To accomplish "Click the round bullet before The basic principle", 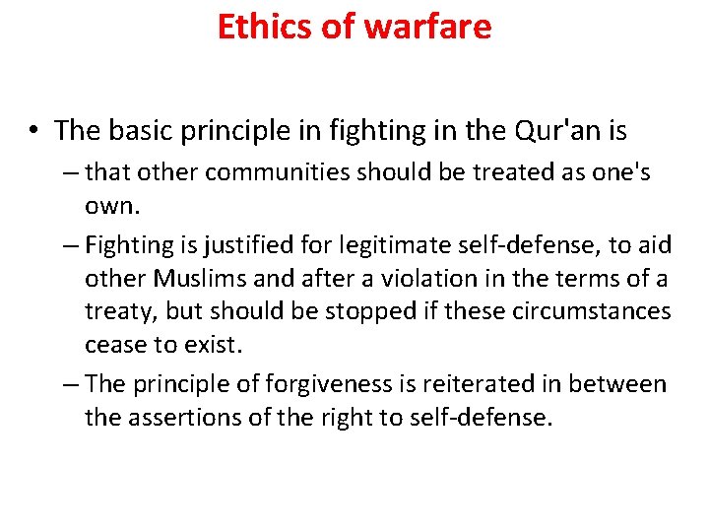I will (x=34, y=131).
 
